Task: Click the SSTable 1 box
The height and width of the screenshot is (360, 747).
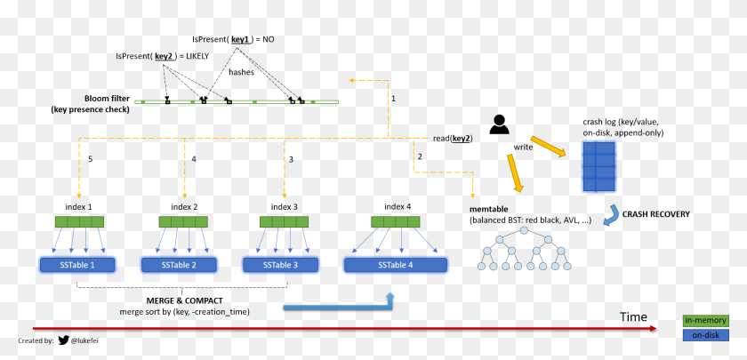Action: click(77, 265)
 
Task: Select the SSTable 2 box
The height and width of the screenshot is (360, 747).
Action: click(180, 265)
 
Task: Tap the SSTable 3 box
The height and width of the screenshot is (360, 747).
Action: click(281, 265)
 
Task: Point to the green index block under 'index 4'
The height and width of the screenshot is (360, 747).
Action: click(398, 222)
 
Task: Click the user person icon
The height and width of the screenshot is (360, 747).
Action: click(499, 124)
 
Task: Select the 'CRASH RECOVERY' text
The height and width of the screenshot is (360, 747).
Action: click(657, 213)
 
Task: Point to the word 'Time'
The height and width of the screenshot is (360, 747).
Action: click(633, 316)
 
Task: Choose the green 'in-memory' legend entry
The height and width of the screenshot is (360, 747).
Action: click(705, 321)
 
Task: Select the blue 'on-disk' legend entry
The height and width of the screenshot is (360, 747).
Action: click(705, 335)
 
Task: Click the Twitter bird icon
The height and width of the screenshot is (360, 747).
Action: click(64, 340)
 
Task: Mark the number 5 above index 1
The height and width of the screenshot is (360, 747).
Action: click(90, 159)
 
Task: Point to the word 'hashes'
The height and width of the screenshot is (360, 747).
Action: click(241, 72)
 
